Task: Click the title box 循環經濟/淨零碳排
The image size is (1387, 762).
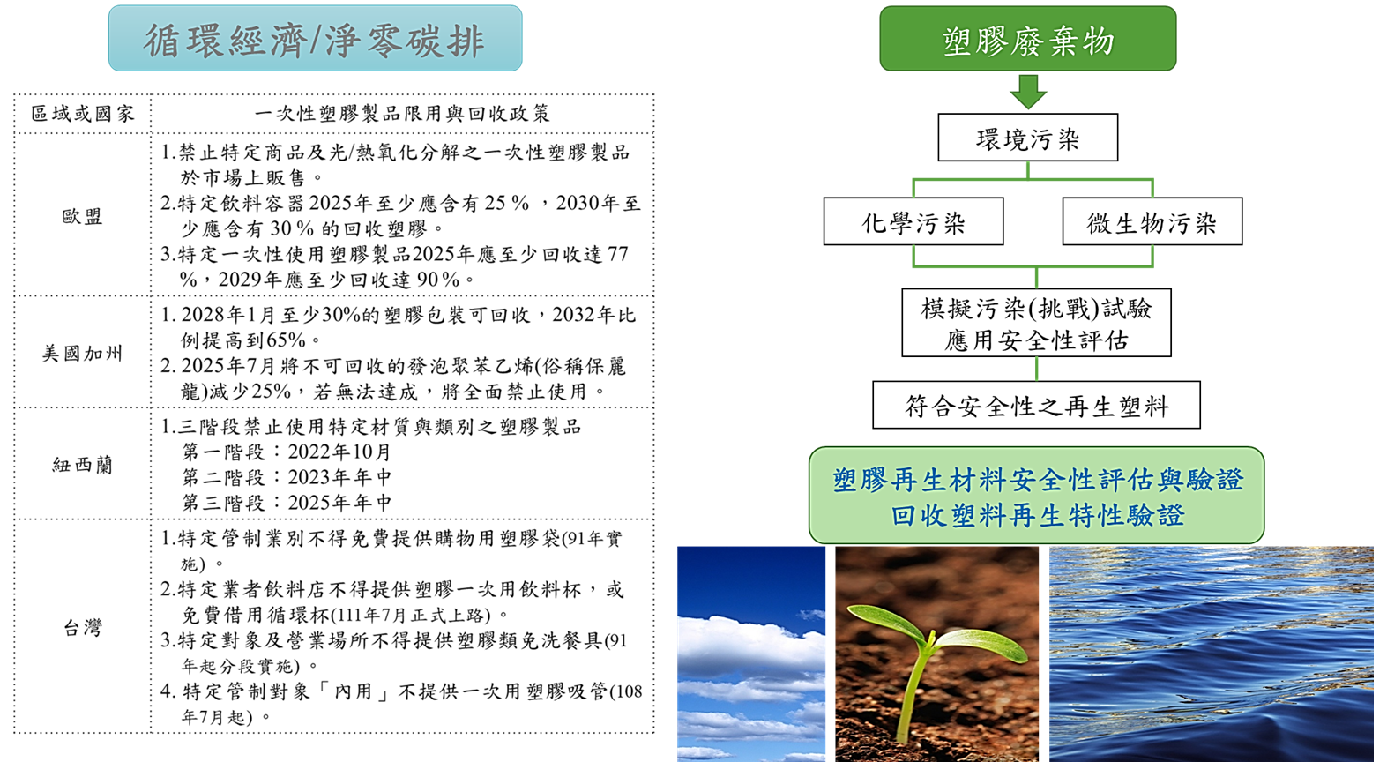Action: (x=315, y=39)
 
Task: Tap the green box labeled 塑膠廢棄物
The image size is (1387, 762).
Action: (x=1028, y=39)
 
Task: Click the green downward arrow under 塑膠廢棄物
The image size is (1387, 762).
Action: (x=1028, y=92)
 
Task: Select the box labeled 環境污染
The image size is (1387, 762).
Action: (x=1028, y=138)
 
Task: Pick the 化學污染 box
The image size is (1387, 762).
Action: (x=913, y=221)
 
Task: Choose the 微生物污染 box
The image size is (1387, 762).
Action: (x=1152, y=221)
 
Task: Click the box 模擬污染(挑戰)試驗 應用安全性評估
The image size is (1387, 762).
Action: (x=1037, y=323)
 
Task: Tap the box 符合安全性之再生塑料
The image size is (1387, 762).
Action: (x=1037, y=405)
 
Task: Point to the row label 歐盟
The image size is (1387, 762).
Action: (x=82, y=216)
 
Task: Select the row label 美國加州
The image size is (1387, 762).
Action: (x=82, y=353)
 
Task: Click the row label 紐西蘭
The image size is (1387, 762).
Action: (x=82, y=465)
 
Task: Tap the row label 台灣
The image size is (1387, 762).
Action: (x=82, y=628)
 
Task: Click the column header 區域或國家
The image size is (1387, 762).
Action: (x=82, y=114)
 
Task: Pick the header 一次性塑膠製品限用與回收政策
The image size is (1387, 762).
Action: (x=402, y=114)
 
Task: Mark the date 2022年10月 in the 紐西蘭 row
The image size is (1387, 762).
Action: (x=339, y=452)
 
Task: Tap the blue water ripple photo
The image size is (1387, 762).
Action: (x=1212, y=654)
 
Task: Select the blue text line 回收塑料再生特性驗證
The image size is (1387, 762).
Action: (x=1037, y=515)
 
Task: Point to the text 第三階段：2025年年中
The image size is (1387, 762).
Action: (x=287, y=503)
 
